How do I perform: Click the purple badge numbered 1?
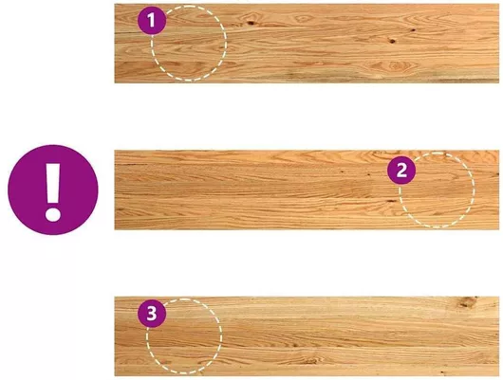click(152, 21)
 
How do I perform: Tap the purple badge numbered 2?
click(401, 171)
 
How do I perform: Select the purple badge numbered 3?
click(152, 314)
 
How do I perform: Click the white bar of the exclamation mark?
click(53, 184)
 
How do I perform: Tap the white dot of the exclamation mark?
click(53, 214)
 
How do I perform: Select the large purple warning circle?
click(53, 190)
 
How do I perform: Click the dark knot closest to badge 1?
click(250, 23)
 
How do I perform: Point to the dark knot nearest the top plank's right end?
click(413, 30)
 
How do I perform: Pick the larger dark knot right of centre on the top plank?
click(392, 41)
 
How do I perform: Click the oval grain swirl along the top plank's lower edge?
click(396, 66)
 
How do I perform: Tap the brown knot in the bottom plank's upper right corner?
click(467, 302)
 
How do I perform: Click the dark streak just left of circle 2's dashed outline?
click(391, 201)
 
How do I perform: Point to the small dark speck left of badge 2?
click(369, 174)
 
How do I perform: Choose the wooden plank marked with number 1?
click(307, 44)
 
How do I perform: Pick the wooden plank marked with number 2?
click(307, 190)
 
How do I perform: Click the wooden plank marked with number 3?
click(307, 336)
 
